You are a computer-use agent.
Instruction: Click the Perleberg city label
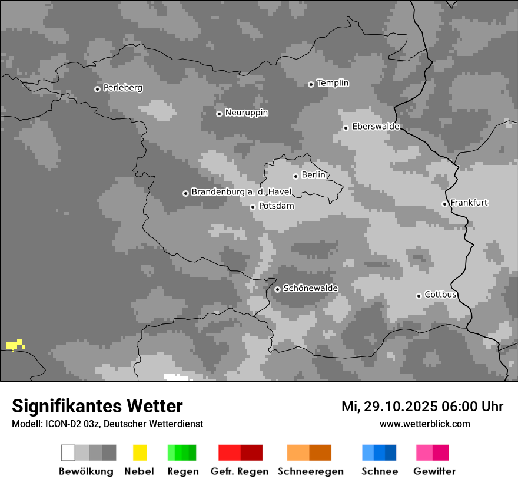tap(122, 88)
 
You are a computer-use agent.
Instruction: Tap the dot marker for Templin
tap(311, 84)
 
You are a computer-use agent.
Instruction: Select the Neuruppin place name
tap(246, 113)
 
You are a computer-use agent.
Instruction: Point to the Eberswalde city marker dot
tap(346, 128)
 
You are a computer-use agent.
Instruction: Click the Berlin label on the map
tap(313, 175)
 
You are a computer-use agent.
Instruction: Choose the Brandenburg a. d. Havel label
tap(241, 192)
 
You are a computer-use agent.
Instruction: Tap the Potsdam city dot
tap(253, 207)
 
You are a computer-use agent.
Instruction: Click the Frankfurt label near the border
tap(469, 203)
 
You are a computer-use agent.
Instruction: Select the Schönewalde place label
tap(310, 288)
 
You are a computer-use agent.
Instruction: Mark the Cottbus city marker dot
tap(419, 296)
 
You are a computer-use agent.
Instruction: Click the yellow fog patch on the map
tap(15, 345)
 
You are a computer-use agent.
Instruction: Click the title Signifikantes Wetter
tap(97, 406)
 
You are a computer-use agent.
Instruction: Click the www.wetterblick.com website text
tap(424, 424)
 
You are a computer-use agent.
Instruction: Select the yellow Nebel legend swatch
tap(140, 452)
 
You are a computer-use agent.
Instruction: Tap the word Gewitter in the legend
tap(434, 471)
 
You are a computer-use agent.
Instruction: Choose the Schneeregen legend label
tap(310, 471)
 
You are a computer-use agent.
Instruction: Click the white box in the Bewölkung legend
tap(68, 452)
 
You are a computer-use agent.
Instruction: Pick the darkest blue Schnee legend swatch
tap(390, 452)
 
